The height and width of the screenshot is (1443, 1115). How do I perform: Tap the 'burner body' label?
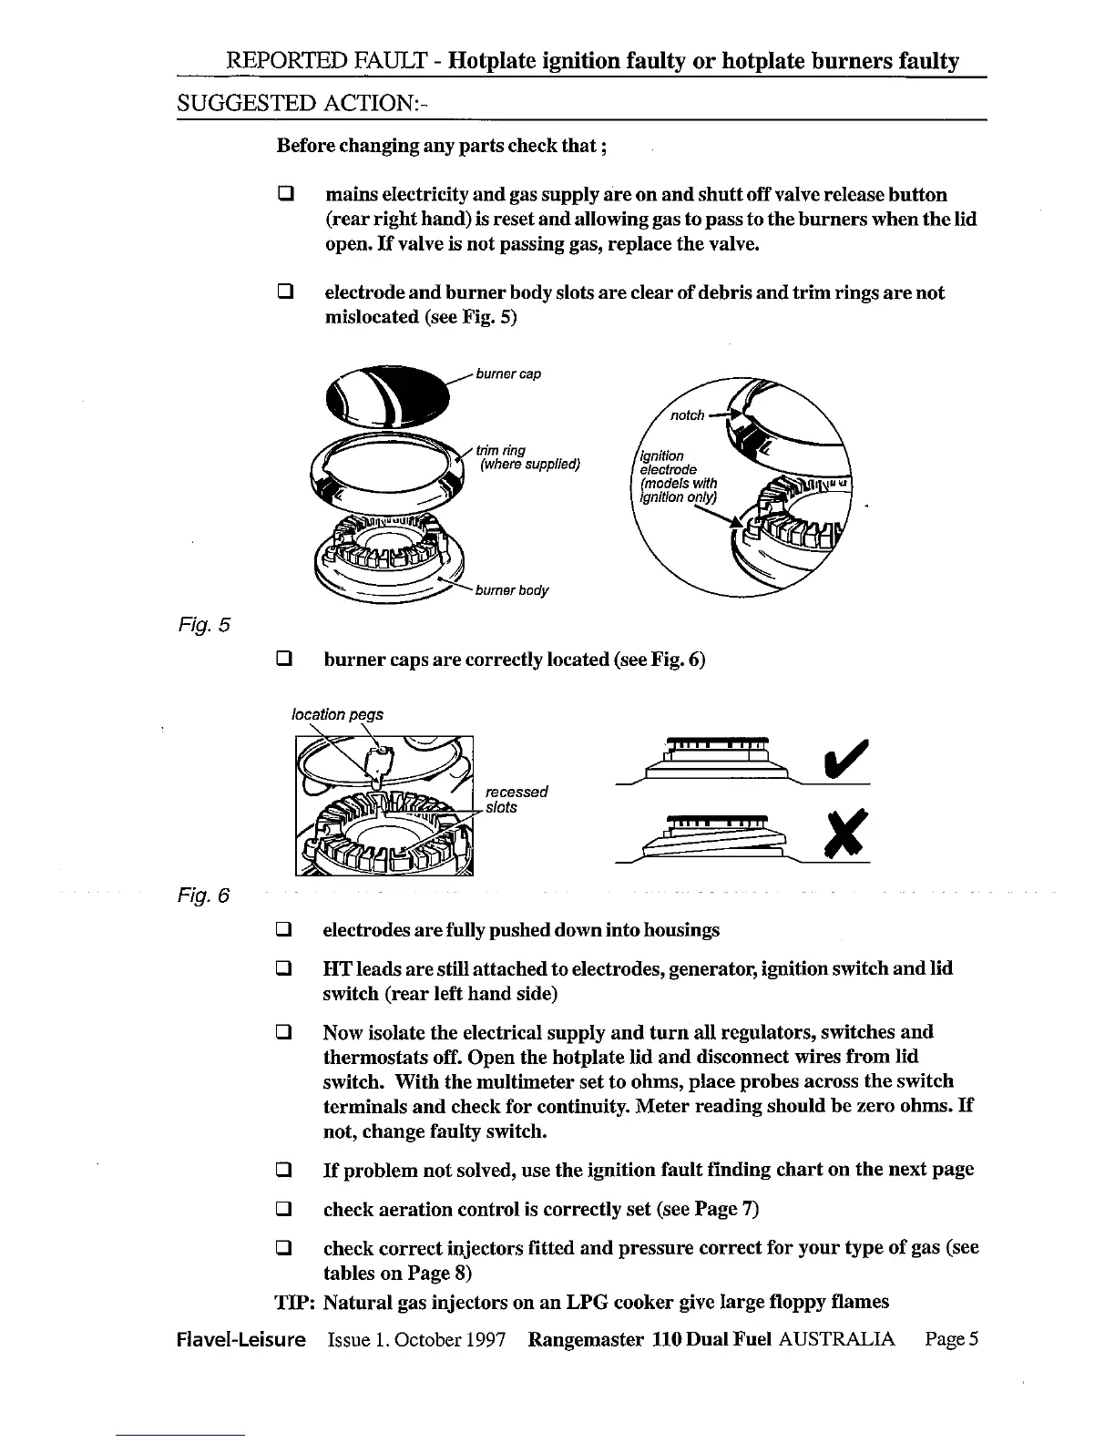click(512, 590)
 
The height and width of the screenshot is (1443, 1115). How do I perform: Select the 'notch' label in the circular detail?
click(688, 415)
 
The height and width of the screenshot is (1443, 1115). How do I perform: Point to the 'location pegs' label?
click(337, 714)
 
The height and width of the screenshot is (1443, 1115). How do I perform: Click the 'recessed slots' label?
click(516, 800)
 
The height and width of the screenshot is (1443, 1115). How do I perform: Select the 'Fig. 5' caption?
click(204, 625)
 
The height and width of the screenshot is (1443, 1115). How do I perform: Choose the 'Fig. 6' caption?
click(203, 896)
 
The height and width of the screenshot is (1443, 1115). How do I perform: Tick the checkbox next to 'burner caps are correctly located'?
click(284, 659)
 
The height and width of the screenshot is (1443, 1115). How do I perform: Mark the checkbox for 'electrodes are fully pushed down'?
click(284, 931)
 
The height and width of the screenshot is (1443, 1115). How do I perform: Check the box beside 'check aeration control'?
click(284, 1210)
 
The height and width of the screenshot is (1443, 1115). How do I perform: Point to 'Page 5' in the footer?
click(951, 1340)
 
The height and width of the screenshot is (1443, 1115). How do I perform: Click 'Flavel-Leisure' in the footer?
click(241, 1340)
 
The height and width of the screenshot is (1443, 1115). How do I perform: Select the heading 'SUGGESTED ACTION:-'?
click(302, 103)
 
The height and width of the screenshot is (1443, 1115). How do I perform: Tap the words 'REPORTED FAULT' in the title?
click(324, 61)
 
